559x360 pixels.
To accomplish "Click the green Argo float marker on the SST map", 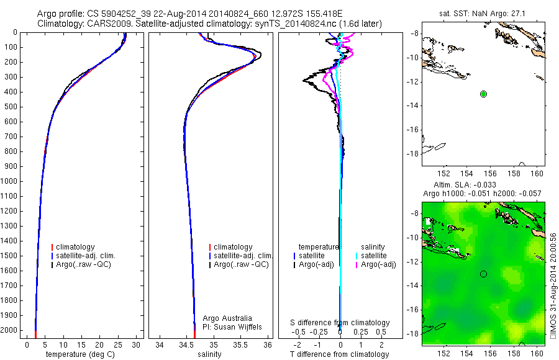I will pyautogui.click(x=483, y=94).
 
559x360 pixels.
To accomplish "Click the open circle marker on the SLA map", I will pyautogui.click(x=483, y=274).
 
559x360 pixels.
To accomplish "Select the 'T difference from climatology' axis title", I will pyautogui.click(x=340, y=354).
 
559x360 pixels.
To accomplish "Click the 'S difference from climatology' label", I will pyautogui.click(x=340, y=323).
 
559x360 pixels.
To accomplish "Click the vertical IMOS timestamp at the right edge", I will pyautogui.click(x=553, y=286).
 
